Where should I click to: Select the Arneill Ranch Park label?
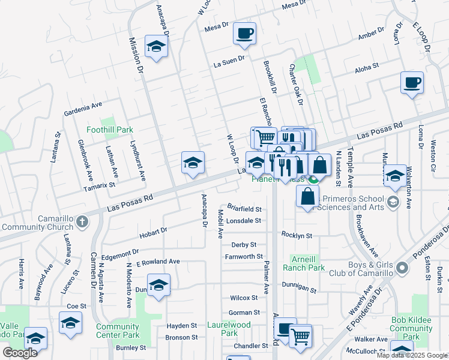click(308, 263)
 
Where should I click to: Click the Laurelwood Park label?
click(220, 328)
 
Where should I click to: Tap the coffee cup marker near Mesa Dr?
click(244, 34)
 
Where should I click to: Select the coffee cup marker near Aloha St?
click(412, 83)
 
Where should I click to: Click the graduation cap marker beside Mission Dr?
click(156, 49)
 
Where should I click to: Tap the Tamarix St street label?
click(99, 185)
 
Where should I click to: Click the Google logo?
click(20, 353)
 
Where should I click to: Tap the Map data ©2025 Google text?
click(411, 355)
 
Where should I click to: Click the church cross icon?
click(83, 222)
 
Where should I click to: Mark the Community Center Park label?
click(118, 331)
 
